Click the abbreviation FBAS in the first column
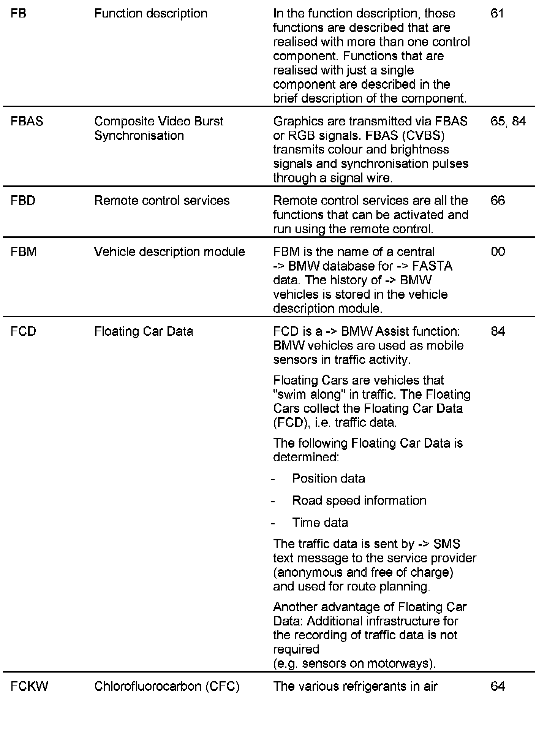(27, 122)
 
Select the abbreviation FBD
(23, 201)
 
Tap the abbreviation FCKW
(30, 686)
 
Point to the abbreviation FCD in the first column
(24, 331)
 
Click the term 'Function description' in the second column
(151, 14)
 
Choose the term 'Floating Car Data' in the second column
(144, 331)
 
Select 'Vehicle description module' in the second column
(169, 252)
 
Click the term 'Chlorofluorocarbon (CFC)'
(167, 686)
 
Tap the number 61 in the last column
(497, 14)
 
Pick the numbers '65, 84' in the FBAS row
(508, 122)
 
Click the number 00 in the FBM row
(498, 252)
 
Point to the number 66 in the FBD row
(498, 201)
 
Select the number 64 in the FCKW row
(498, 686)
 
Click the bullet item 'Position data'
(329, 478)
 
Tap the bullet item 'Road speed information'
(359, 500)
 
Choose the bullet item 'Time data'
(320, 522)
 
